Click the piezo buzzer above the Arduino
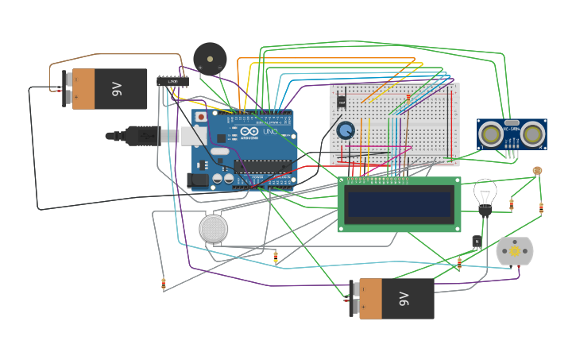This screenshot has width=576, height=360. coord(210,58)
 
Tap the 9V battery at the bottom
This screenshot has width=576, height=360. coord(393,299)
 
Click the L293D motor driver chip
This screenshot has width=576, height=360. coord(172,80)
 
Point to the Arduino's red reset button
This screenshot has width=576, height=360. coord(202,117)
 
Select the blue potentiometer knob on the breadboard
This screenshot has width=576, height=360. coord(345,130)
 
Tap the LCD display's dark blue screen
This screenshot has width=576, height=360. coord(399,205)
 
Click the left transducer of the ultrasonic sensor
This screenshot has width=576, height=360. coord(492,134)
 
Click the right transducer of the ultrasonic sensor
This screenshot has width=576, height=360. coord(532,134)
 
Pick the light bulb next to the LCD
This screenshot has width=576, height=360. coord(485,194)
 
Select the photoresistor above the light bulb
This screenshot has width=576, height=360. coord(537,170)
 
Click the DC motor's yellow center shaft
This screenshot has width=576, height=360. coord(514,251)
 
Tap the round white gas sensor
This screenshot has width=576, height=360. coord(213,229)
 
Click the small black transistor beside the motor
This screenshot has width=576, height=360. coord(477,242)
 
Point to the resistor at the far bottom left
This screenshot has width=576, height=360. coord(164,283)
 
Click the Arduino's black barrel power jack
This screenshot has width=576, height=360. coord(199,180)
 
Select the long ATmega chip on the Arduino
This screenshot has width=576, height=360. coord(263,167)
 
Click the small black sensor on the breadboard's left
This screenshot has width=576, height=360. coord(342,103)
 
